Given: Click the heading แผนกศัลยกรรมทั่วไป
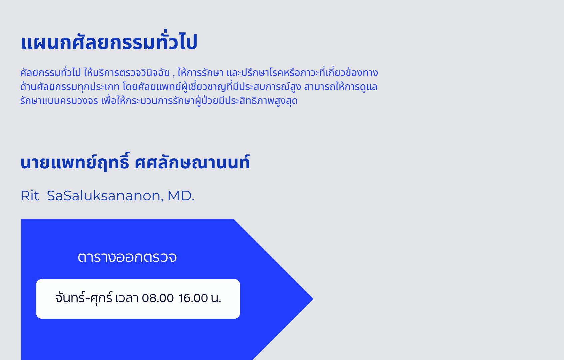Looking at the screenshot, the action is [x=109, y=42].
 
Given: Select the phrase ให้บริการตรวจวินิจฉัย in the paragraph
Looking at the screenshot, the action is [x=127, y=73].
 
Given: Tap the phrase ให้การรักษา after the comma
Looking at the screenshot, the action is [x=201, y=73].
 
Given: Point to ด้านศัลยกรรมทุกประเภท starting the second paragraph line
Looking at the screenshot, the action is [x=70, y=87].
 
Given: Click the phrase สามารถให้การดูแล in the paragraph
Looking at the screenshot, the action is [x=341, y=87].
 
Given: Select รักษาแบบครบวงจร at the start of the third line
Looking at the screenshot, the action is [x=59, y=101].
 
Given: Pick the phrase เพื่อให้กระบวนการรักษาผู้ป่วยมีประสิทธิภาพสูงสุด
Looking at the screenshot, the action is [x=200, y=101].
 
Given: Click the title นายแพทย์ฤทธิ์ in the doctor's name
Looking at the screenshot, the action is [x=75, y=162].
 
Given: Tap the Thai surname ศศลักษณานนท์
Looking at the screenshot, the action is [x=192, y=162].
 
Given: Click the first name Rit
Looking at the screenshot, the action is [x=30, y=196].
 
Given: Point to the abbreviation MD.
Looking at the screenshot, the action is [x=181, y=196].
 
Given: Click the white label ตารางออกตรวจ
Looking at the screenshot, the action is [x=127, y=257].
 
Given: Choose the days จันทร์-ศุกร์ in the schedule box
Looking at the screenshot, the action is [x=84, y=298].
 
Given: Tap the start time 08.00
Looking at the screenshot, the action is [x=158, y=298].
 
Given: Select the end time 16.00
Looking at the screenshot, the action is [x=193, y=298].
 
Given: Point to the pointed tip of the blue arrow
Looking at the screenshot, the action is [x=313, y=299].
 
